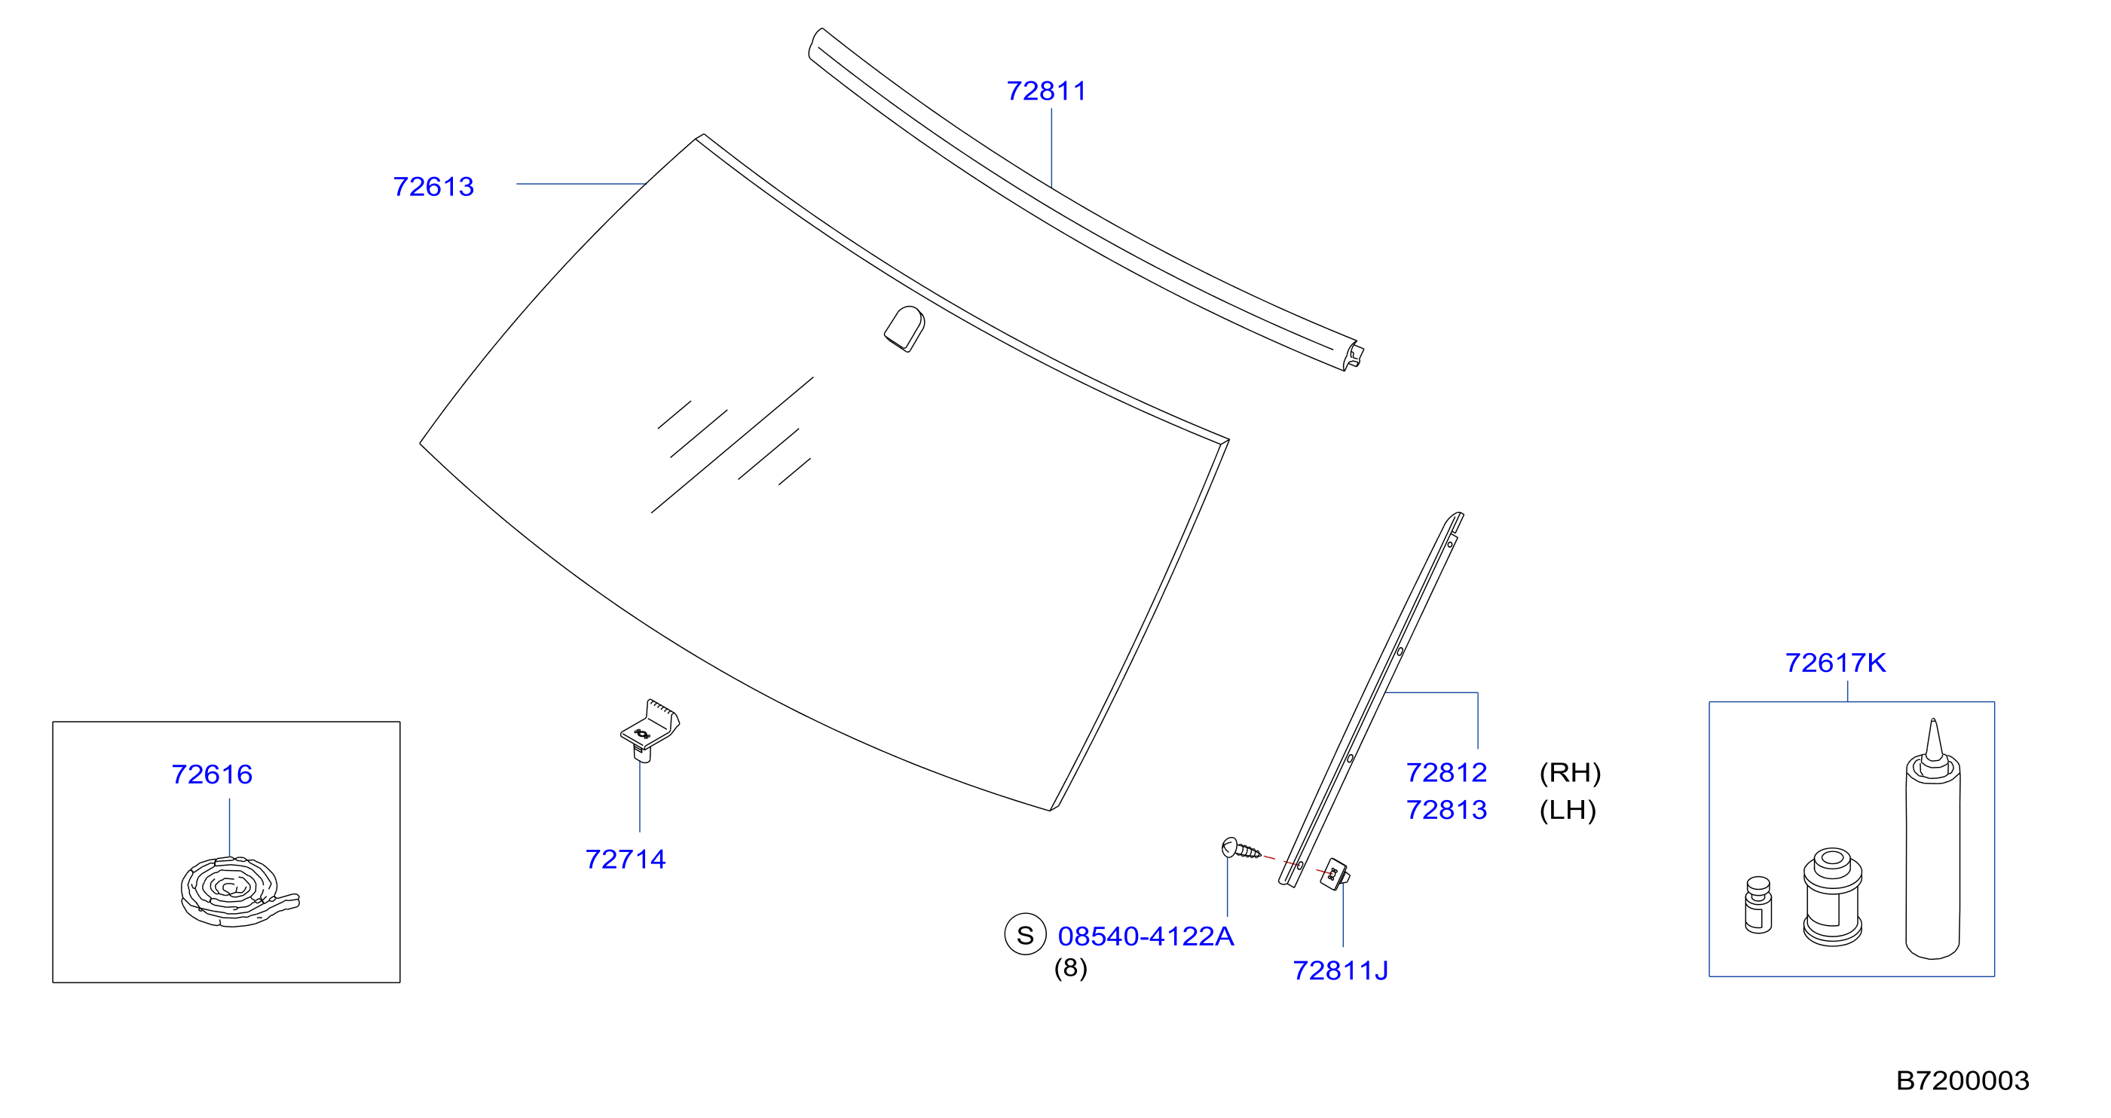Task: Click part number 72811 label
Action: point(1047,91)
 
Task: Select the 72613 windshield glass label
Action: point(433,187)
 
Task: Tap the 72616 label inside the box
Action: point(213,774)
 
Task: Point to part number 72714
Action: point(626,859)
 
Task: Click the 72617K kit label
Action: point(1836,663)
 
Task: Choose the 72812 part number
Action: point(1446,772)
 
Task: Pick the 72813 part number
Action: point(1446,810)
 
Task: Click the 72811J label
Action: point(1341,970)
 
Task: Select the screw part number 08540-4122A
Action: point(1146,936)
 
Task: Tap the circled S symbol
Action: point(1025,934)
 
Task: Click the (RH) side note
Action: point(1570,772)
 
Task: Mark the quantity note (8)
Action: point(1071,968)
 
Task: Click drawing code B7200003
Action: point(1963,1081)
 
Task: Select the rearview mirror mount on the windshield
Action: point(904,329)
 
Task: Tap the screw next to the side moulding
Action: point(1241,848)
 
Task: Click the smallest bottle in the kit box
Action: point(1758,905)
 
